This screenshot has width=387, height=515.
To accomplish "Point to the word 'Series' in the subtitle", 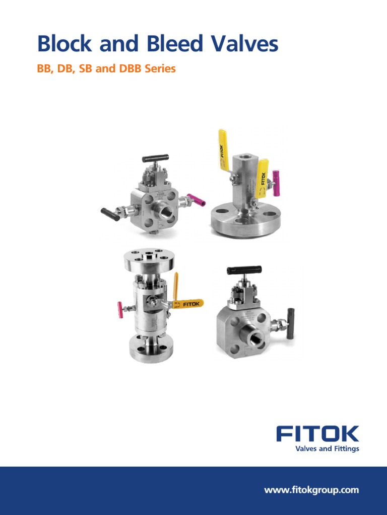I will tap(160, 69).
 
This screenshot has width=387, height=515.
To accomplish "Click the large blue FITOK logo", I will tap(317, 434).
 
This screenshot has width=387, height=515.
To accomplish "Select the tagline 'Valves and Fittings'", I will tap(327, 449).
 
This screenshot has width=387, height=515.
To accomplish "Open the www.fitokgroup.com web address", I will tap(311, 490).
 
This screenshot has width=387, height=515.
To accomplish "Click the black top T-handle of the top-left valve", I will tap(155, 158).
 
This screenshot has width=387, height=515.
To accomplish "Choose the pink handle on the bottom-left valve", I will tap(120, 310).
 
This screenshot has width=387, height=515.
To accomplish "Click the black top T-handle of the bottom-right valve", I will tap(244, 270).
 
